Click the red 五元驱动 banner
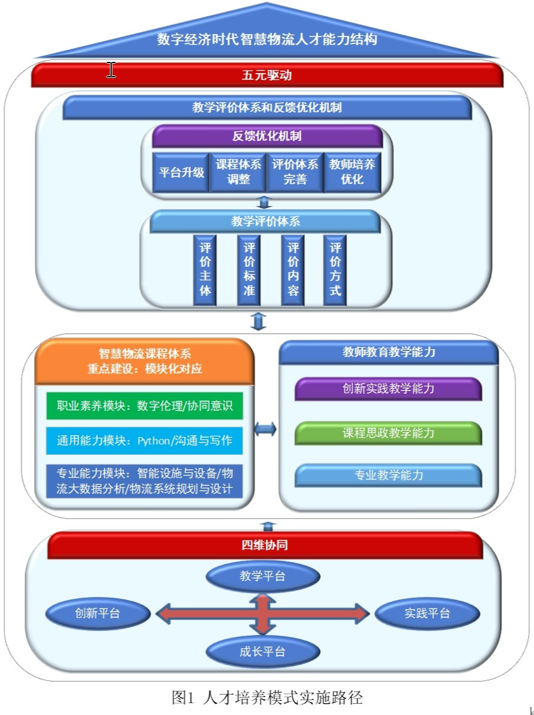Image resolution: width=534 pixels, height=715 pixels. (x=266, y=76)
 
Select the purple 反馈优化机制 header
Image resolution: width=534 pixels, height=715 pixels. (x=267, y=136)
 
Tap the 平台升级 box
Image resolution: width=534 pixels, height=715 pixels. (x=181, y=173)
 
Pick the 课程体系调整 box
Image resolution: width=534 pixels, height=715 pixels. (x=239, y=173)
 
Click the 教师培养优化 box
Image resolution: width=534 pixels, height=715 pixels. (x=352, y=173)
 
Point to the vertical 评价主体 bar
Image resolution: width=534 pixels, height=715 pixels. (x=205, y=269)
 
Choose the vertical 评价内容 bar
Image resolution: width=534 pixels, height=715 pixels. (x=292, y=269)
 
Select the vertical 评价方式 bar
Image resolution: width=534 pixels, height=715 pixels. (x=335, y=269)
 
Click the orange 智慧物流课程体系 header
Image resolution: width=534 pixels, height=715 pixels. (x=145, y=362)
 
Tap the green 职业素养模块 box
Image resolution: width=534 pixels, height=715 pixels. (x=144, y=406)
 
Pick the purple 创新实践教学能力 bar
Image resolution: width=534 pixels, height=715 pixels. (x=388, y=389)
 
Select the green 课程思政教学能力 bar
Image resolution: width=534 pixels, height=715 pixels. (x=388, y=433)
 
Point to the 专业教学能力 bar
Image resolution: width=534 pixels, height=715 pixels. (x=388, y=475)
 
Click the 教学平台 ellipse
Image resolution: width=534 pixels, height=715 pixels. (x=263, y=576)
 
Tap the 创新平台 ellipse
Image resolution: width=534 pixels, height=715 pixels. (x=98, y=613)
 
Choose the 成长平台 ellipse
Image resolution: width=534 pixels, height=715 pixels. (x=263, y=651)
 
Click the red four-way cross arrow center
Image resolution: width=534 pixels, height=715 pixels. (x=263, y=613)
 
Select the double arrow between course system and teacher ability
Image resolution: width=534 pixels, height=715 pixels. (x=265, y=429)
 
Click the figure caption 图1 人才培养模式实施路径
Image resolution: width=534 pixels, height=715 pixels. (x=266, y=698)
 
